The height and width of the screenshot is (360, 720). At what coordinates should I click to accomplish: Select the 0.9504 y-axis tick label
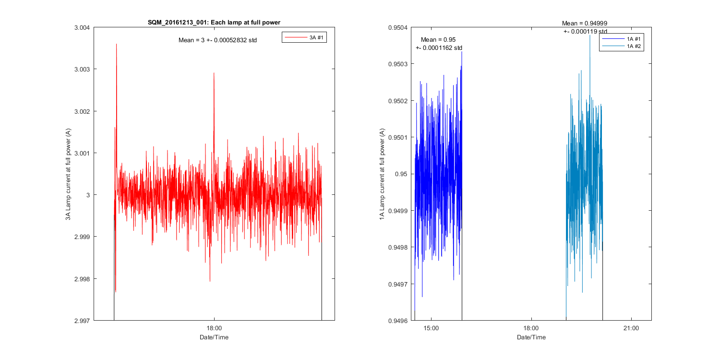pos(398,28)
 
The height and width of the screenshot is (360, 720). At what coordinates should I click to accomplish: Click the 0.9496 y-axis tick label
pos(398,320)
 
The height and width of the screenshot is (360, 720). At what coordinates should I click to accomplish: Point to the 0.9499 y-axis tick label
pos(398,211)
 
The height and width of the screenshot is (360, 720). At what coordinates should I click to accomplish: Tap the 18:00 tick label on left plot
pos(214,329)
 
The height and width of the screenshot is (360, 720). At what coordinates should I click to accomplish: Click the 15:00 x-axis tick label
pos(431,329)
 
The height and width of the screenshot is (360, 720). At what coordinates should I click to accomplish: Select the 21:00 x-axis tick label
pos(631,329)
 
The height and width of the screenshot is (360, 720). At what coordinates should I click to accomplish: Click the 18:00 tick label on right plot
pos(531,329)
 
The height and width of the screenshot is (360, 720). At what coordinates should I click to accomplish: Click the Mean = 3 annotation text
pos(217,40)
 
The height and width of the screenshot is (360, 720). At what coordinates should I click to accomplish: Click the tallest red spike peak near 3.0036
pos(116,44)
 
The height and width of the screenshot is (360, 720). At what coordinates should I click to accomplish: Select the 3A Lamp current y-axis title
pos(69,174)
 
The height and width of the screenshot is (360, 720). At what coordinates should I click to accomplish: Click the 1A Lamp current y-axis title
pos(382,174)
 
